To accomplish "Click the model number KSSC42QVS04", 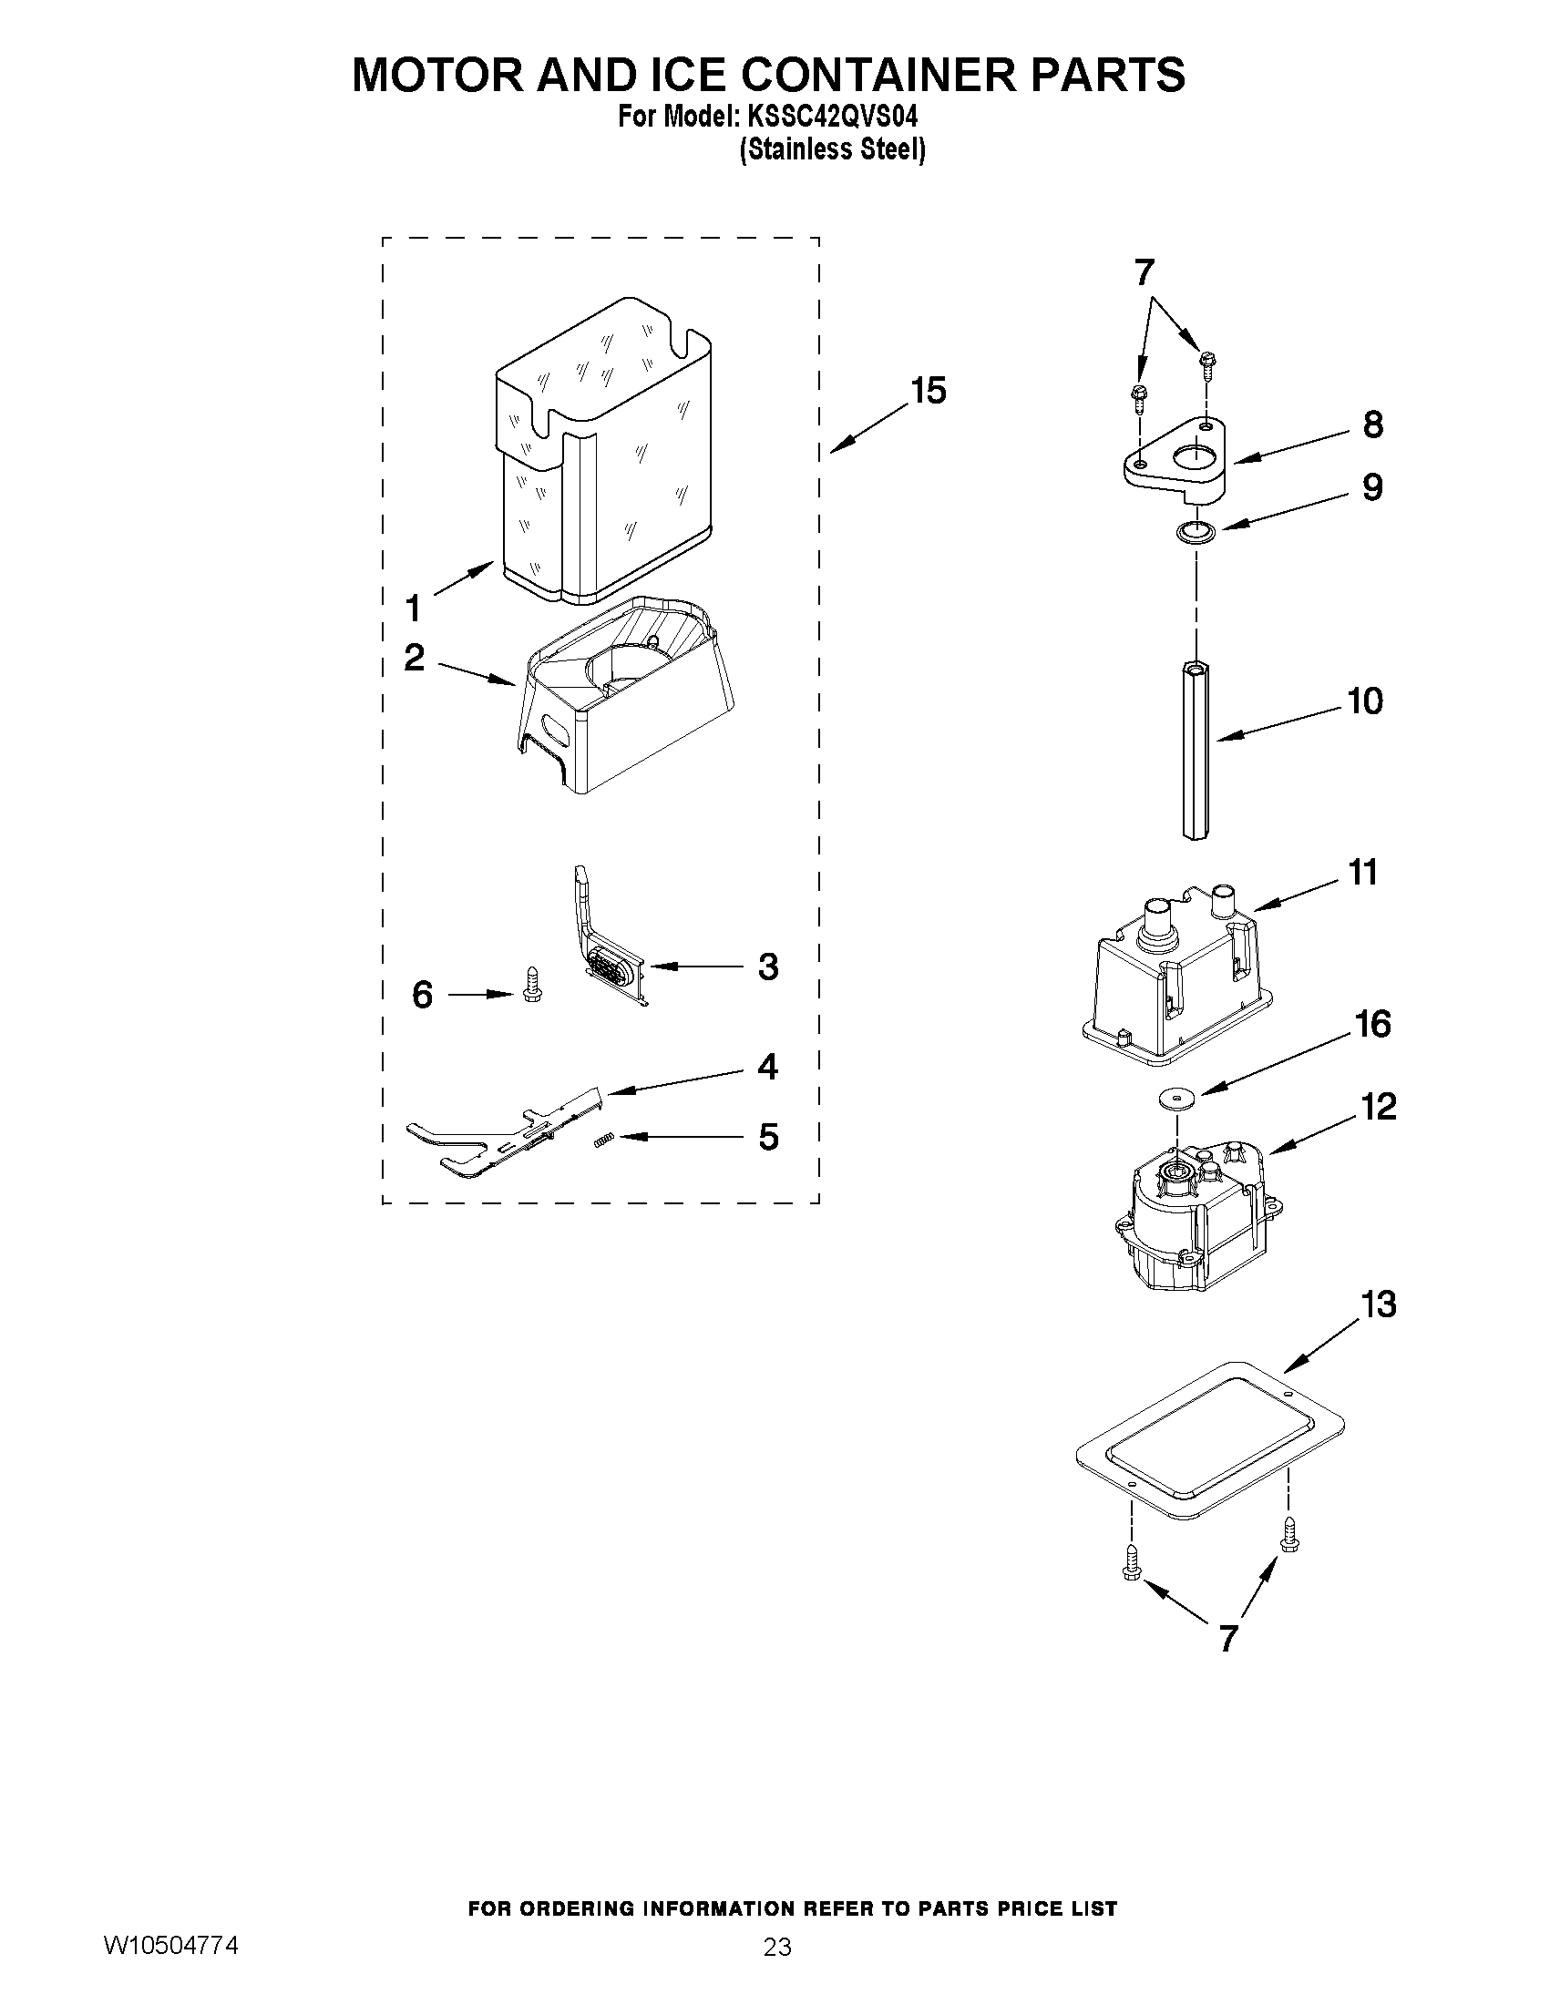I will pos(828,118).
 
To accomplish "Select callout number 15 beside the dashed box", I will pos(928,391).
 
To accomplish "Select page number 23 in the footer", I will pos(777,1970).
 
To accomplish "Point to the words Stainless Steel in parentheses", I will pos(832,149).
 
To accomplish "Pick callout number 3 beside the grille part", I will pos(767,967).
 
